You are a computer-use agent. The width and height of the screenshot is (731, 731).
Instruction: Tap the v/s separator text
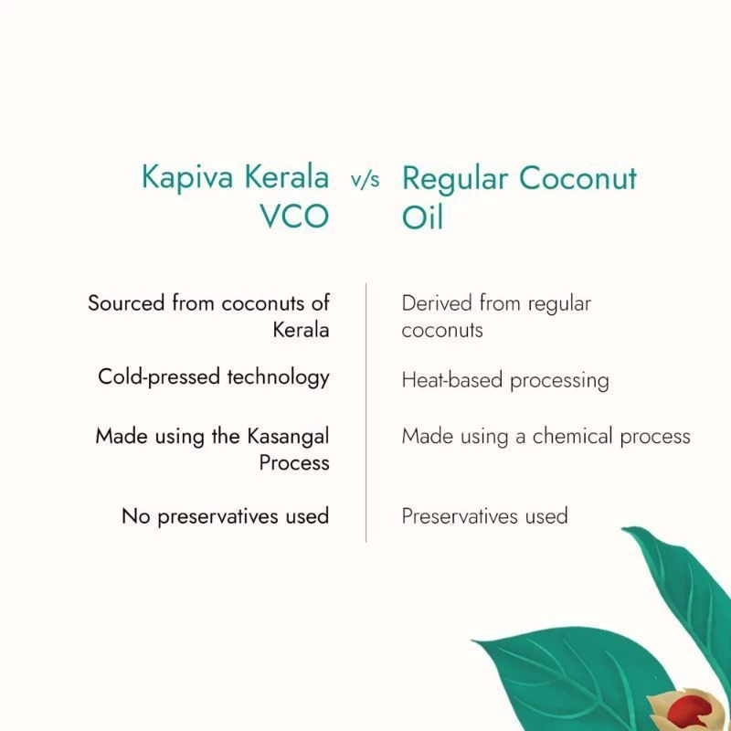pyautogui.click(x=365, y=180)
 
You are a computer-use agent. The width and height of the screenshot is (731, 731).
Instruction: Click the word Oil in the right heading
pyautogui.click(x=422, y=219)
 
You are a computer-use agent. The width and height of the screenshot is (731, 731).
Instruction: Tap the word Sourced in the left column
pyautogui.click(x=127, y=302)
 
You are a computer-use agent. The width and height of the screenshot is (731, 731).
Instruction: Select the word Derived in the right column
pyautogui.click(x=437, y=302)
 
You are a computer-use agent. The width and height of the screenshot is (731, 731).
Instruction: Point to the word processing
pyautogui.click(x=559, y=380)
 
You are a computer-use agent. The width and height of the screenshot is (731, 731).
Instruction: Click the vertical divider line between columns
pyautogui.click(x=366, y=411)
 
